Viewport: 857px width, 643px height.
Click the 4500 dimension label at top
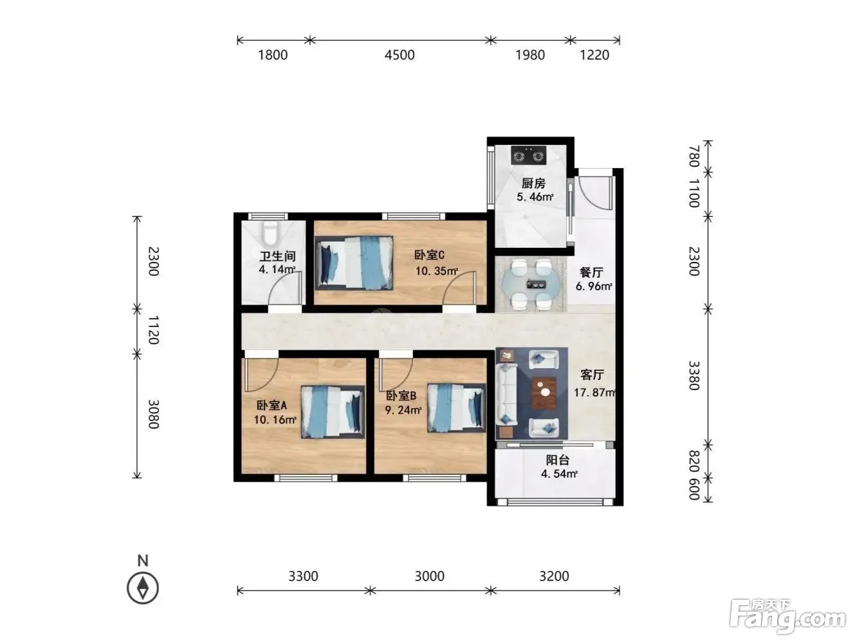[x=400, y=55]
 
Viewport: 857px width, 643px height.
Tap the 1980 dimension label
[x=530, y=55]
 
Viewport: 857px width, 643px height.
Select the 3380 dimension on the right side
[x=694, y=376]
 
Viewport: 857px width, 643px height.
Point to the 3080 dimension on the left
[x=153, y=414]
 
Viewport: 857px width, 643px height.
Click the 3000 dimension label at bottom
[x=430, y=576]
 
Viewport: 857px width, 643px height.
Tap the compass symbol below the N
[x=143, y=588]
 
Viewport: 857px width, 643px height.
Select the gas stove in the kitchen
[x=529, y=155]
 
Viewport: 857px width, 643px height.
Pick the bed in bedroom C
[x=354, y=263]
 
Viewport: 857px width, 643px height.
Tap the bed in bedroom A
[x=333, y=412]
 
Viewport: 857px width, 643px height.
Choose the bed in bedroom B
[x=457, y=408]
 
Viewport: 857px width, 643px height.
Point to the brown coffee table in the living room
[x=544, y=393]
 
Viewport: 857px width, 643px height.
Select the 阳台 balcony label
[x=558, y=460]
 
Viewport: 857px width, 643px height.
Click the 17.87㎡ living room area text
[x=594, y=393]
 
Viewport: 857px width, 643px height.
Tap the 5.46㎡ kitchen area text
[x=535, y=197]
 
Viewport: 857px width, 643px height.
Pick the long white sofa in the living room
[x=506, y=395]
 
